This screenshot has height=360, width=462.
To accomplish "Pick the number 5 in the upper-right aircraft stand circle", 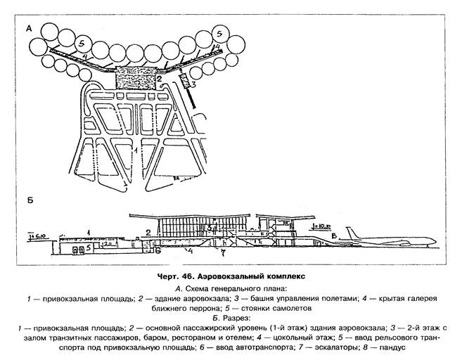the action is tap(221, 33).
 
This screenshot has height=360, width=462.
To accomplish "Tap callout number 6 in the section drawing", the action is tap(158, 251).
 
